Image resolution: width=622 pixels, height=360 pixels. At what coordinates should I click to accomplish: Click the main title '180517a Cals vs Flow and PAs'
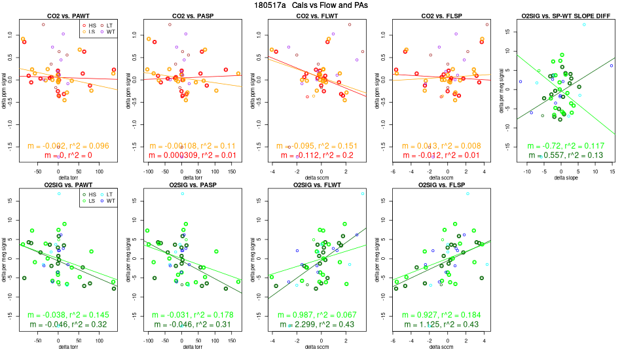point(310,5)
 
